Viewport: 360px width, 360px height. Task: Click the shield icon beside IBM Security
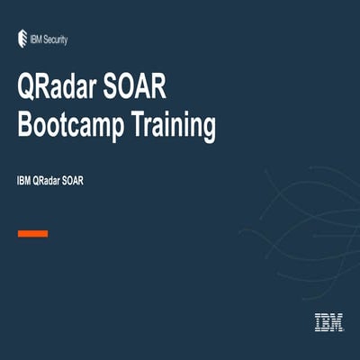pyautogui.click(x=22, y=38)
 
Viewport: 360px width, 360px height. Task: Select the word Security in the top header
pyautogui.click(x=56, y=39)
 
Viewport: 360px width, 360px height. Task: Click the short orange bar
pyautogui.click(x=33, y=233)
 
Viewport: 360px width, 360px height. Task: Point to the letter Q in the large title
pyautogui.click(x=29, y=91)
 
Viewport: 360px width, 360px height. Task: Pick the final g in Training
pyautogui.click(x=208, y=128)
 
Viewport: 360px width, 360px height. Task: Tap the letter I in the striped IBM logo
pyautogui.click(x=318, y=322)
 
